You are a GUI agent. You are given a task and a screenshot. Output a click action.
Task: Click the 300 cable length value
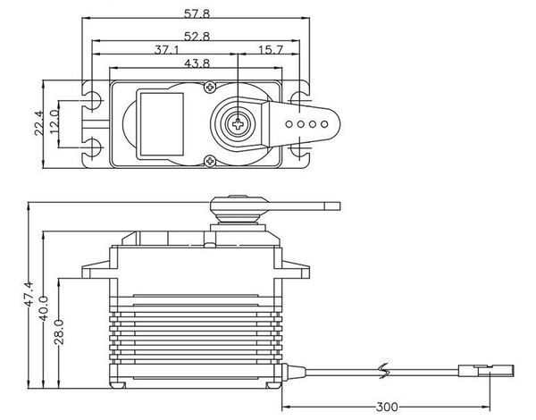[386, 407]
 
